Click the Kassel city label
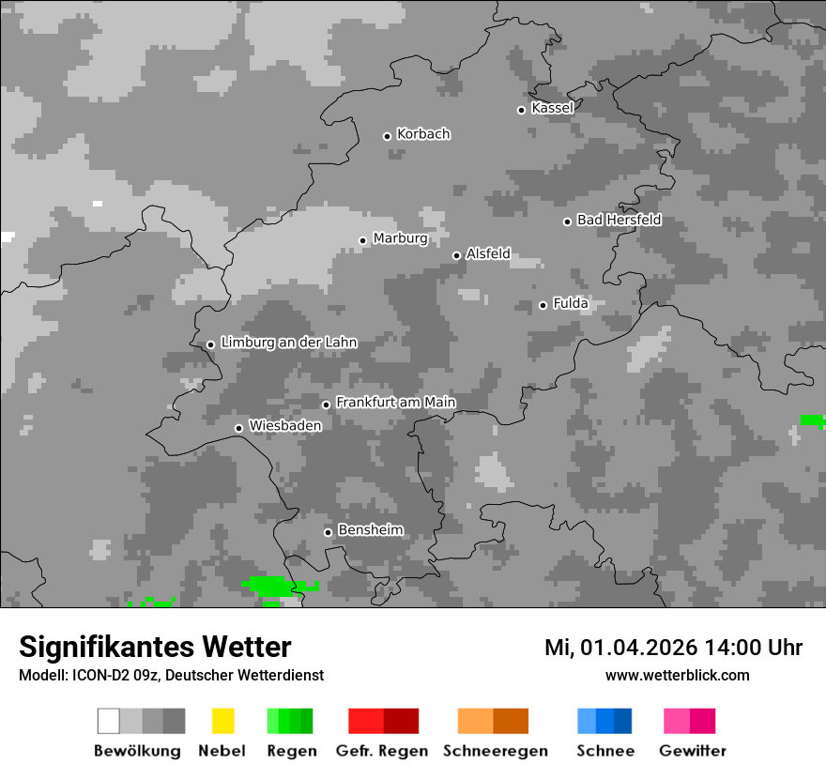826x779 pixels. pos(552,108)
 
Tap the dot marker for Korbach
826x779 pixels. pos(387,136)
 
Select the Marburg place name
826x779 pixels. pos(400,238)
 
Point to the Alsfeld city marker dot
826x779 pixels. pos(456,255)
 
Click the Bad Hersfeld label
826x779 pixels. pos(619,220)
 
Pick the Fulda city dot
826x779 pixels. pos(543,305)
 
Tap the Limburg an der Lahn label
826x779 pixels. pos(288,343)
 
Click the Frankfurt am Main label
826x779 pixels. pos(395,403)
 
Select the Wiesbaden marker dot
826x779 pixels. pos(238,428)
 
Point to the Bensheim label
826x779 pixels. pos(371,530)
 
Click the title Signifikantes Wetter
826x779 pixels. pos(155,647)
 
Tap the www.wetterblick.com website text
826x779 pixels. pos(677,675)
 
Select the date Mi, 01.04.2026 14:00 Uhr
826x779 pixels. pos(673,648)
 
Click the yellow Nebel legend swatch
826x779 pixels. pos(222,721)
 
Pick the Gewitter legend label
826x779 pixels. pos(692,751)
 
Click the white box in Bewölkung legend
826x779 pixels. pos(109,721)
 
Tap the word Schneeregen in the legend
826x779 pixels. pos(495,751)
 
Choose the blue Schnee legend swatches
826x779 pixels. pos(604,721)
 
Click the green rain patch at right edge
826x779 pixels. pos(813,420)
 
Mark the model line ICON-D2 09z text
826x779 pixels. pos(171,675)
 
